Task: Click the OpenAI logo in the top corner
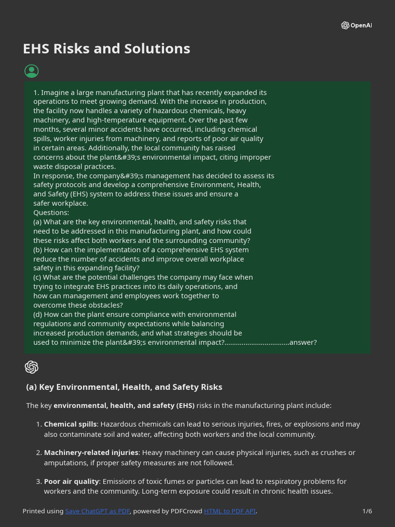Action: point(356,25)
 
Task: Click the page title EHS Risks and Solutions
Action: point(106,49)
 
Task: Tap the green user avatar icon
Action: point(31,71)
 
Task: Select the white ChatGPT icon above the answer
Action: point(31,367)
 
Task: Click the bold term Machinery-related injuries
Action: point(91,453)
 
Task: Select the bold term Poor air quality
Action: point(71,482)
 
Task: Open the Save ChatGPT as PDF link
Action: point(98,511)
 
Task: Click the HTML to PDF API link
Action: point(229,511)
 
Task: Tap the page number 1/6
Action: point(367,511)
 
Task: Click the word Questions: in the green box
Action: point(51,213)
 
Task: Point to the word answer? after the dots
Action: point(303,342)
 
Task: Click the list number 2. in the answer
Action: point(39,453)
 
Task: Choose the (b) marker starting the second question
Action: point(38,250)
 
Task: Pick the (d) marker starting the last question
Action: point(38,314)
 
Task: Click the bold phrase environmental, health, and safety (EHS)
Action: point(124,406)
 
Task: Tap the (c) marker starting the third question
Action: point(38,277)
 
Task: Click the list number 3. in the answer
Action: point(39,482)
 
